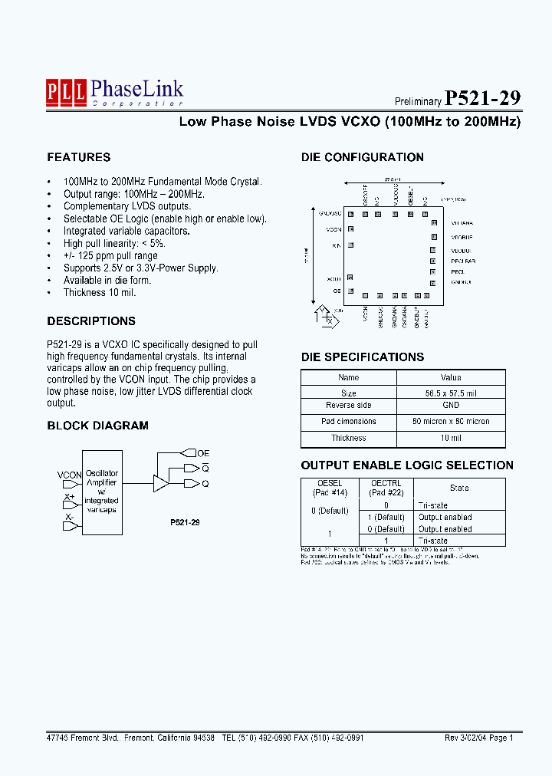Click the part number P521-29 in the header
tap(483, 98)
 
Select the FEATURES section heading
tap(78, 157)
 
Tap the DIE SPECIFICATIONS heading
tap(362, 357)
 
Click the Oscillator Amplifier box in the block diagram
tap(102, 492)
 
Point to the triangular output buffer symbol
tap(160, 483)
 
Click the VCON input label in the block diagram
tap(69, 475)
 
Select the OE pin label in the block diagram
tap(203, 454)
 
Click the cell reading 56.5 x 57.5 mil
tap(451, 393)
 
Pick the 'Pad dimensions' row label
tap(349, 422)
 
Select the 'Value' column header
tap(451, 377)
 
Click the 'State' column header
tap(460, 488)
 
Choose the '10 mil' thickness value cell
tap(451, 439)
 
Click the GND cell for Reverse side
tap(451, 406)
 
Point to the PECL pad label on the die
tap(458, 271)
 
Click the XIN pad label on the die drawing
tap(337, 245)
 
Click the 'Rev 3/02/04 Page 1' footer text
tap(479, 738)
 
